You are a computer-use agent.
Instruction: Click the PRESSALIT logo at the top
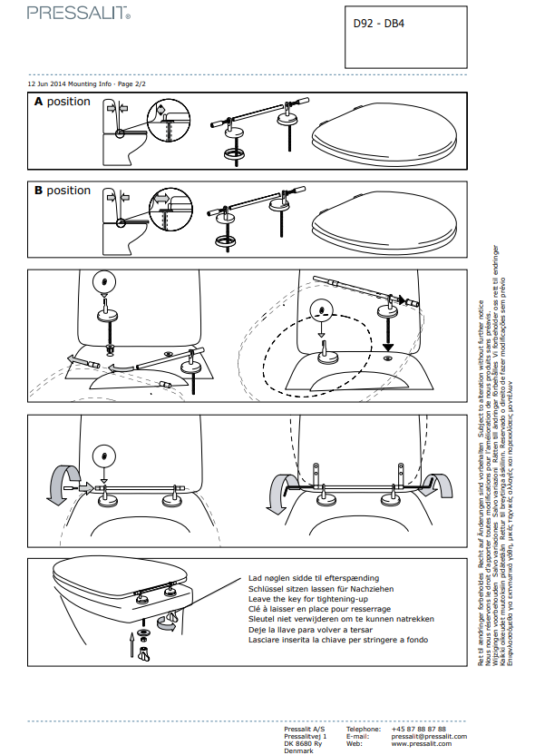pyautogui.click(x=79, y=13)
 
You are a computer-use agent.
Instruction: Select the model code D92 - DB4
pyautogui.click(x=378, y=25)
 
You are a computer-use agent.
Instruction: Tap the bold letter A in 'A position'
pyautogui.click(x=39, y=103)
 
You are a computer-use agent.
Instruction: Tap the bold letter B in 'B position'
pyautogui.click(x=39, y=191)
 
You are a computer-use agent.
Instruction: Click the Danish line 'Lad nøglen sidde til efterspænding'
pyautogui.click(x=314, y=577)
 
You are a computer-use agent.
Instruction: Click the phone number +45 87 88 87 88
pyautogui.click(x=418, y=729)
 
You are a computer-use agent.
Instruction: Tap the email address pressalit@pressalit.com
pyautogui.click(x=429, y=736)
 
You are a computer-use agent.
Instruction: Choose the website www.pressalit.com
pyautogui.click(x=422, y=743)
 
